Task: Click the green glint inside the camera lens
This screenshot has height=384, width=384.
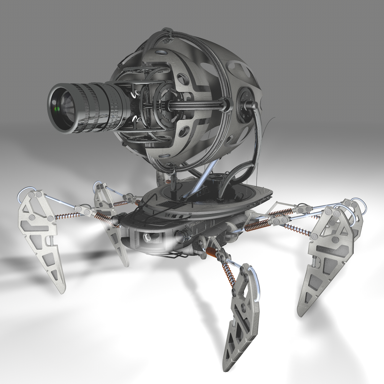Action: [57, 109]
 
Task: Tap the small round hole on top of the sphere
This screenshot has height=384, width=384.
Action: [160, 53]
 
